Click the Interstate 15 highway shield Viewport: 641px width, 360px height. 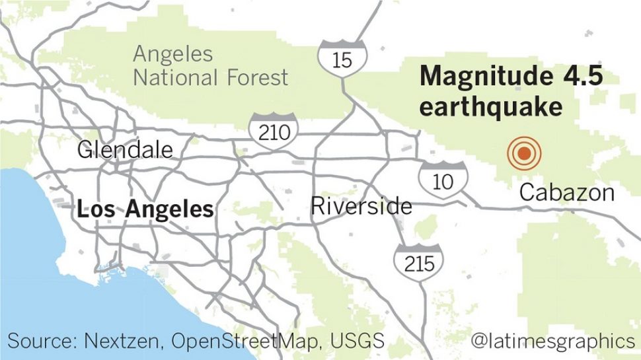pyautogui.click(x=342, y=57)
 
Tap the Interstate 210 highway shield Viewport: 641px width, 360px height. pyautogui.click(x=274, y=129)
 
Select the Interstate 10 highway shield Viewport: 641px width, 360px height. pyautogui.click(x=443, y=178)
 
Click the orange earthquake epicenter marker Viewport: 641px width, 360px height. pyautogui.click(x=524, y=154)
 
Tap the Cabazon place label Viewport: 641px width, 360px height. pyautogui.click(x=567, y=193)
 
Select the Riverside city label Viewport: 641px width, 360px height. pyautogui.click(x=361, y=206)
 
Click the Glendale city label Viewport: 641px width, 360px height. pyautogui.click(x=125, y=149)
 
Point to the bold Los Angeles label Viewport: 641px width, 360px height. pyautogui.click(x=145, y=209)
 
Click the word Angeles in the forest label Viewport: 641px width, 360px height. pyautogui.click(x=173, y=54)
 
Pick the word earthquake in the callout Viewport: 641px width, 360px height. pyautogui.click(x=490, y=106)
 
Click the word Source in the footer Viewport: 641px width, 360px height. pyautogui.click(x=42, y=342)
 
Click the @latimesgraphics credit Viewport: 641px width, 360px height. pyautogui.click(x=552, y=342)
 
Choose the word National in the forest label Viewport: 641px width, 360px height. pyautogui.click(x=174, y=77)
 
